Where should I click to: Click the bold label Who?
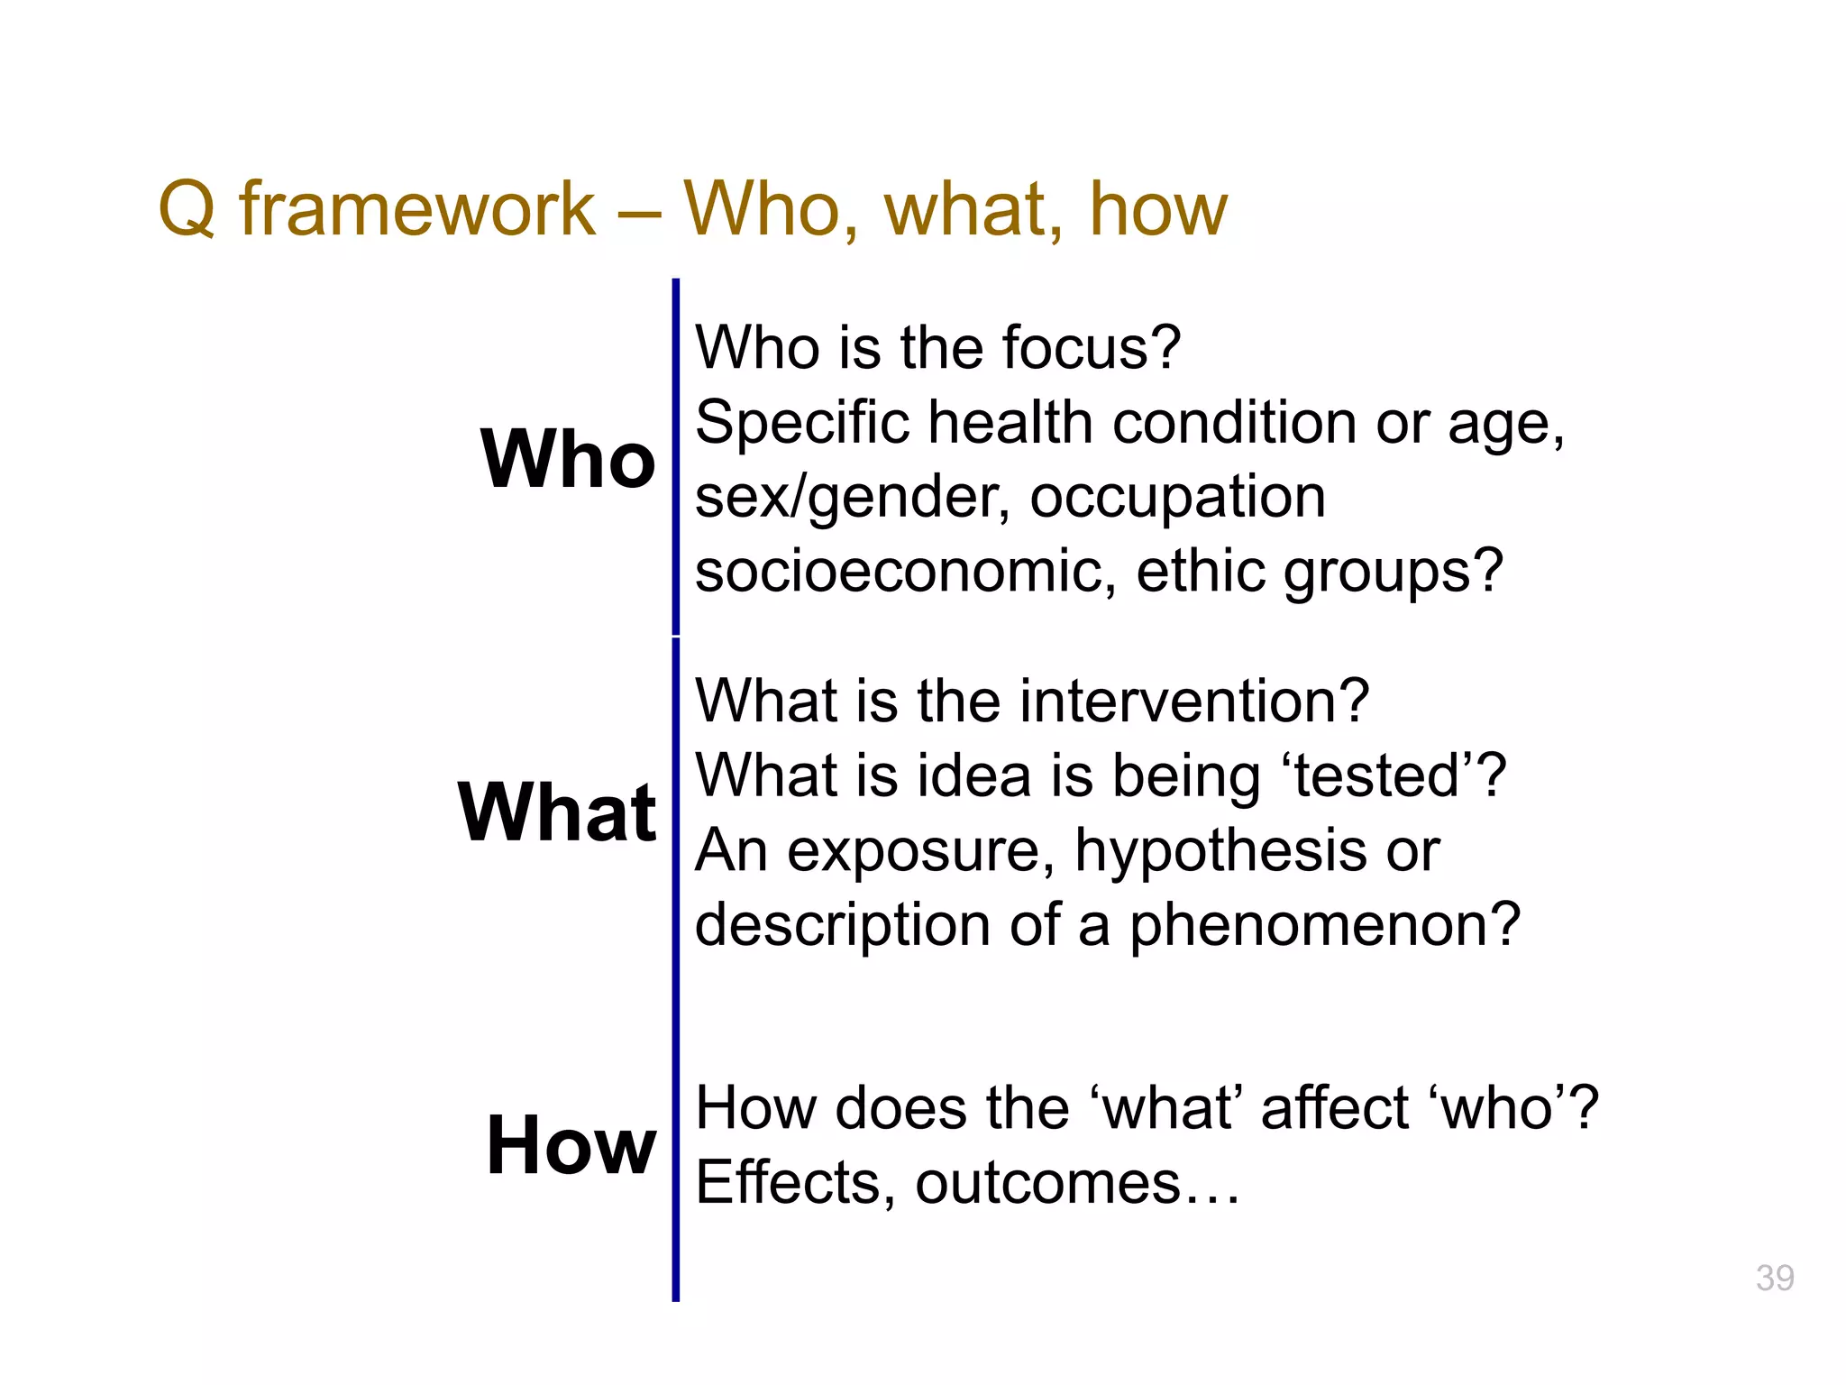click(568, 459)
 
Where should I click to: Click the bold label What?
click(557, 812)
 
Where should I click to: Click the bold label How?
click(571, 1145)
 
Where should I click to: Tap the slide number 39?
click(1774, 1278)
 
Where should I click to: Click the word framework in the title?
click(416, 209)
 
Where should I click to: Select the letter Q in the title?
click(187, 209)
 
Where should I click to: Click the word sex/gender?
click(853, 498)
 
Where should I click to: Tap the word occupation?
click(1177, 498)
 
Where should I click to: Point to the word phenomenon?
click(1325, 925)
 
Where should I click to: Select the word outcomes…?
click(1078, 1183)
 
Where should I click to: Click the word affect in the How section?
click(1334, 1108)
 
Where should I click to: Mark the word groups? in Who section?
click(1393, 572)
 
